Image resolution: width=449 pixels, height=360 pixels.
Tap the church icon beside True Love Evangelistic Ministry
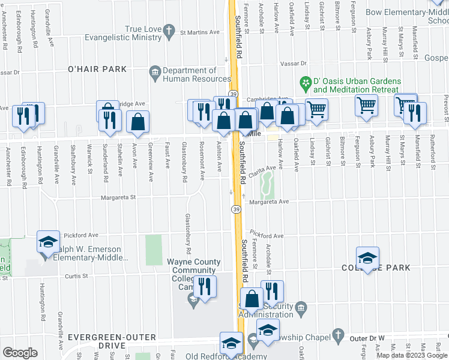click(x=170, y=29)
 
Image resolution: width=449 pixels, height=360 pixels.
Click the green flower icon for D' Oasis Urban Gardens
click(x=306, y=81)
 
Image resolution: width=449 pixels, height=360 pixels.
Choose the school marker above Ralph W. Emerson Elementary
click(x=48, y=241)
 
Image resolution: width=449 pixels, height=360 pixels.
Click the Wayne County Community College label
click(x=193, y=270)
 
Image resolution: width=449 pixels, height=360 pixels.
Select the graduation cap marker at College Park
click(x=367, y=257)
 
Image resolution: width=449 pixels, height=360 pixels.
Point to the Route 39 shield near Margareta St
click(x=236, y=208)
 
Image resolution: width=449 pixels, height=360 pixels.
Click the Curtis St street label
click(x=77, y=276)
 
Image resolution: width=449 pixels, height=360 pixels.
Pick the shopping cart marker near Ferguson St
click(x=366, y=106)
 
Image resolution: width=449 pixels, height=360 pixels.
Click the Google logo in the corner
click(x=19, y=353)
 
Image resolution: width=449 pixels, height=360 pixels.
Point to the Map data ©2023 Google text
click(x=412, y=355)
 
